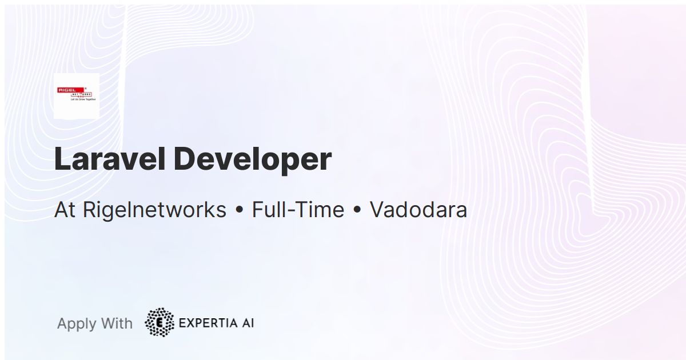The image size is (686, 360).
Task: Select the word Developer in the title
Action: pos(253,160)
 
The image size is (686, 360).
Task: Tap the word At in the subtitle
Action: pos(65,210)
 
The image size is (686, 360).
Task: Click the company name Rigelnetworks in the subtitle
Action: pos(154,210)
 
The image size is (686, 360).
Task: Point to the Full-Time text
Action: pos(298,210)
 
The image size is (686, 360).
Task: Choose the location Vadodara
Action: pos(418,210)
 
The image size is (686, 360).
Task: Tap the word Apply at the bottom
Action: pos(77,324)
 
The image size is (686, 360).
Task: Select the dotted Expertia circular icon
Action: pos(159,322)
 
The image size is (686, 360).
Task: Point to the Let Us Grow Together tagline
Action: pos(83,99)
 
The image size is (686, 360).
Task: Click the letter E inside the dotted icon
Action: pos(160,323)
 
